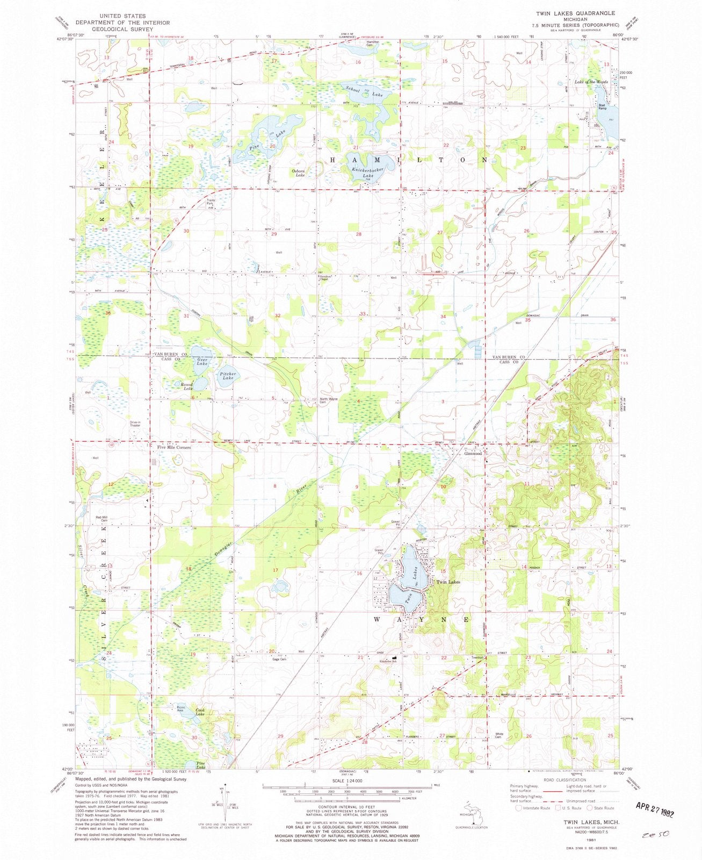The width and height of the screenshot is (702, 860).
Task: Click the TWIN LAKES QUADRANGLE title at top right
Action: point(580,12)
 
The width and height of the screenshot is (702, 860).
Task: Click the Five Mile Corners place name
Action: point(173,447)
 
